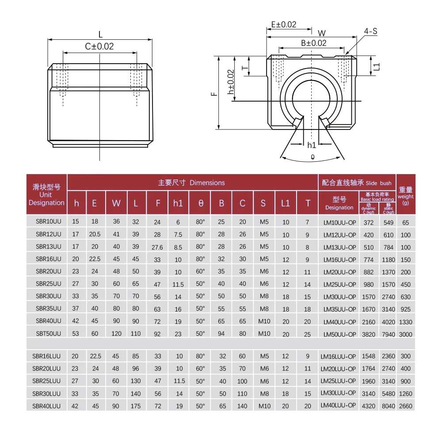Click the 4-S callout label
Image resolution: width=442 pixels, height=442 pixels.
[370, 31]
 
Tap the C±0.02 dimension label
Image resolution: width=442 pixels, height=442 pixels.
[99, 46]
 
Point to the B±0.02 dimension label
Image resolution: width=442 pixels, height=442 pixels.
[314, 43]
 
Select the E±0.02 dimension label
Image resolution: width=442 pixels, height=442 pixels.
[284, 25]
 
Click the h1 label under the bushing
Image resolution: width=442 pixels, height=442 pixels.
[312, 145]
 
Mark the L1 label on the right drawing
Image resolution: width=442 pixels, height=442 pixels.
[377, 67]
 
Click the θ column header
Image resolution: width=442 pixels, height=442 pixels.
[201, 203]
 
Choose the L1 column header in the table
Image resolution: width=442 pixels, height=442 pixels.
[285, 203]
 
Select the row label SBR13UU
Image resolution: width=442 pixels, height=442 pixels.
[49, 247]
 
